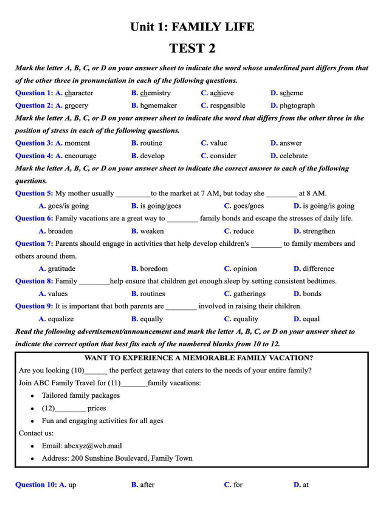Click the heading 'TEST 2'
click(192, 48)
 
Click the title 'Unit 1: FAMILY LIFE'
click(192, 26)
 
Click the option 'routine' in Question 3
click(151, 143)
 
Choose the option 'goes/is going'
click(68, 206)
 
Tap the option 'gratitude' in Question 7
click(61, 268)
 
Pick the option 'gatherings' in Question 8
click(249, 294)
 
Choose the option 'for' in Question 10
click(238, 484)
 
